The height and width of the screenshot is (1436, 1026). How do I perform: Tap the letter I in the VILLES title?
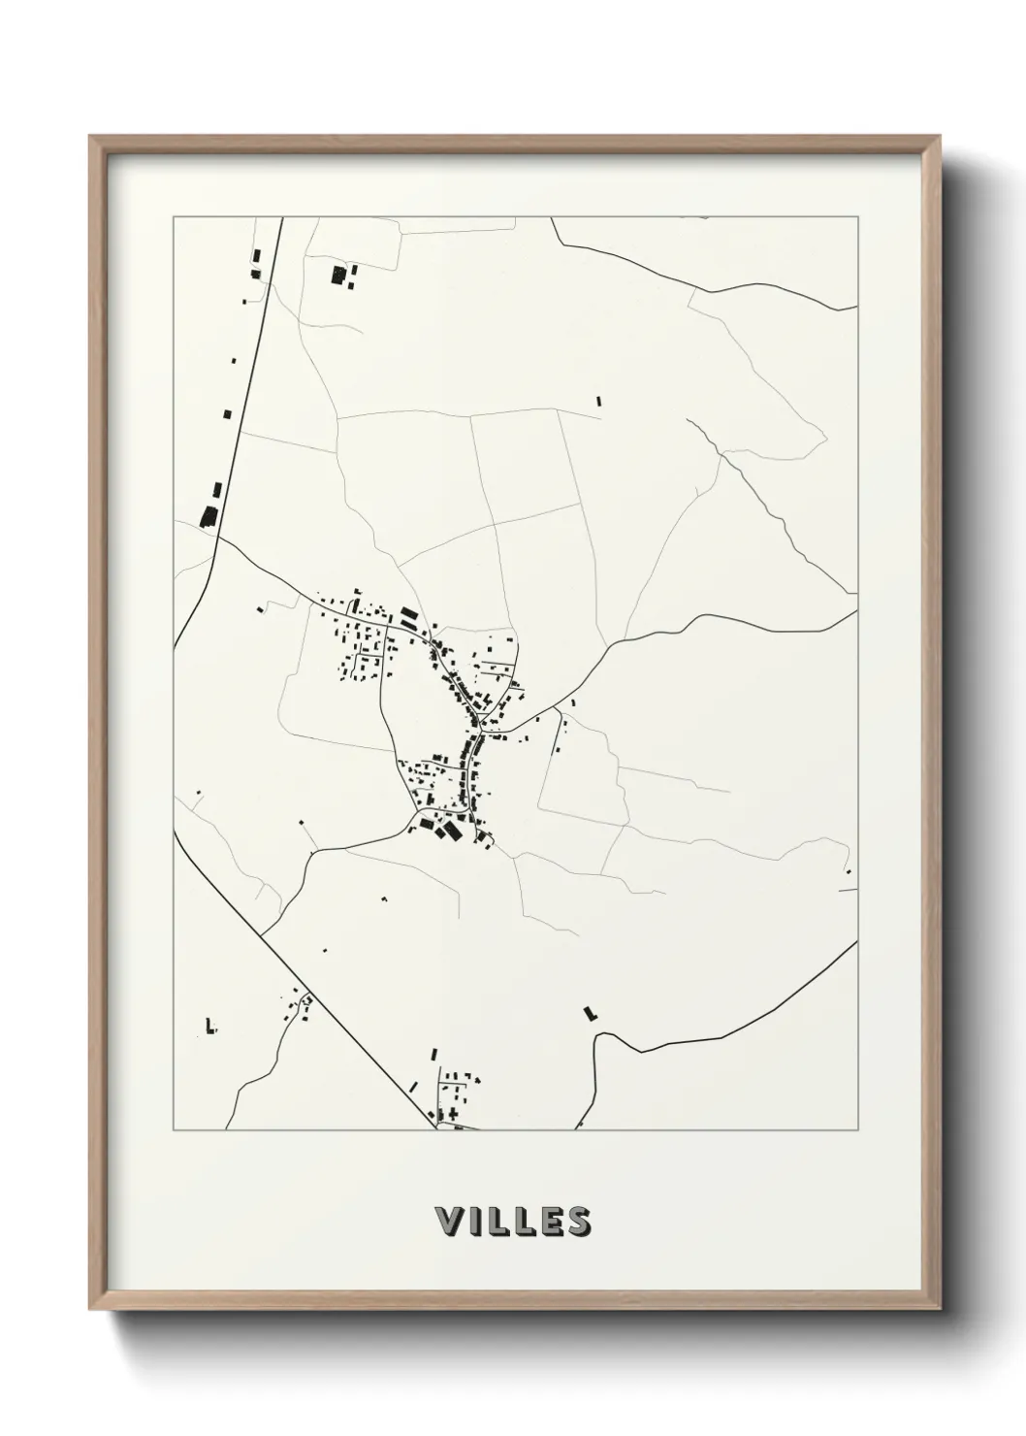click(x=475, y=1222)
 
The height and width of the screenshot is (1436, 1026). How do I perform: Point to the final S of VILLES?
click(x=577, y=1222)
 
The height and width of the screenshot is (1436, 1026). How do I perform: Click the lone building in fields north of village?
click(x=598, y=399)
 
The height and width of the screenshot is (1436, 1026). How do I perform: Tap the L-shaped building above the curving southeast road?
click(x=589, y=1013)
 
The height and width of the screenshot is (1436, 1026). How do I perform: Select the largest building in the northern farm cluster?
click(x=338, y=276)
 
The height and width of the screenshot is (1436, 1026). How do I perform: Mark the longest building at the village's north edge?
click(x=409, y=615)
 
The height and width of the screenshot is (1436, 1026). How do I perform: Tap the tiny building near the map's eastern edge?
click(x=848, y=872)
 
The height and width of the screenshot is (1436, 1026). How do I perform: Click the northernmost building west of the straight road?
click(x=257, y=255)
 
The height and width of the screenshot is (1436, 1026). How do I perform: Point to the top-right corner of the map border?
click(x=858, y=217)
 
